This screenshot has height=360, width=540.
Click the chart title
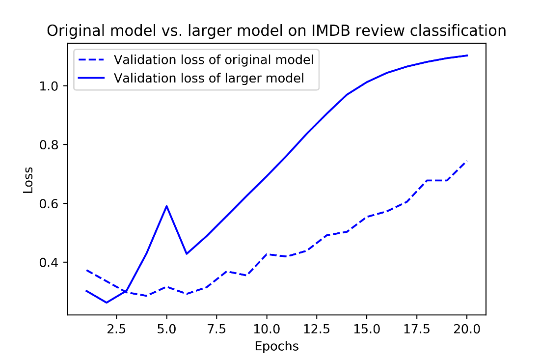[276, 31]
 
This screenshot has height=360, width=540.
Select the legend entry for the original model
[214, 60]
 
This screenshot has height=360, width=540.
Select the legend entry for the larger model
[209, 78]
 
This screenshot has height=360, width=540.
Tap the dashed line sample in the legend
[92, 60]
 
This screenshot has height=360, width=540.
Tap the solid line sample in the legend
[92, 78]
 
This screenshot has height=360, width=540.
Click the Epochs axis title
[276, 346]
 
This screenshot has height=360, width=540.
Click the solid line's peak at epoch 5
[167, 206]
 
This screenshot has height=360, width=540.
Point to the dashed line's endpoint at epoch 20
[466, 161]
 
